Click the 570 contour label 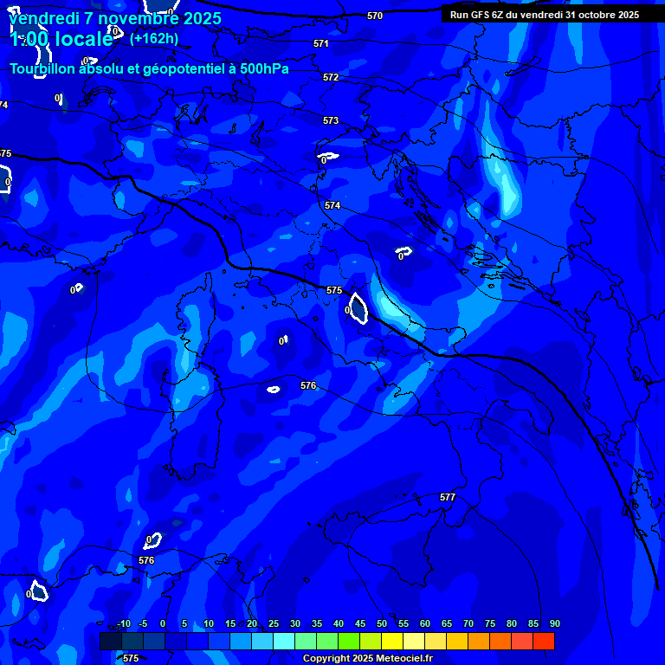[375, 16]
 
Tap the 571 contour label [321, 43]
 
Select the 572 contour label [331, 77]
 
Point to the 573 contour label [331, 120]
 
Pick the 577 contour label [448, 497]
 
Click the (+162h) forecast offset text [154, 38]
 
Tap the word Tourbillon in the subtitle [44, 69]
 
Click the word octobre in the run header [591, 15]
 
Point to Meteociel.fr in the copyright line [385, 658]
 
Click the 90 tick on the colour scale [554, 623]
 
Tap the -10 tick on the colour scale [123, 623]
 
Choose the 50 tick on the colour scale [381, 623]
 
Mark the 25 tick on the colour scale [273, 623]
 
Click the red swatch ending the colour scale [543, 641]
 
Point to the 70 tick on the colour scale [468, 623]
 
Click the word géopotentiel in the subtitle [172, 69]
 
